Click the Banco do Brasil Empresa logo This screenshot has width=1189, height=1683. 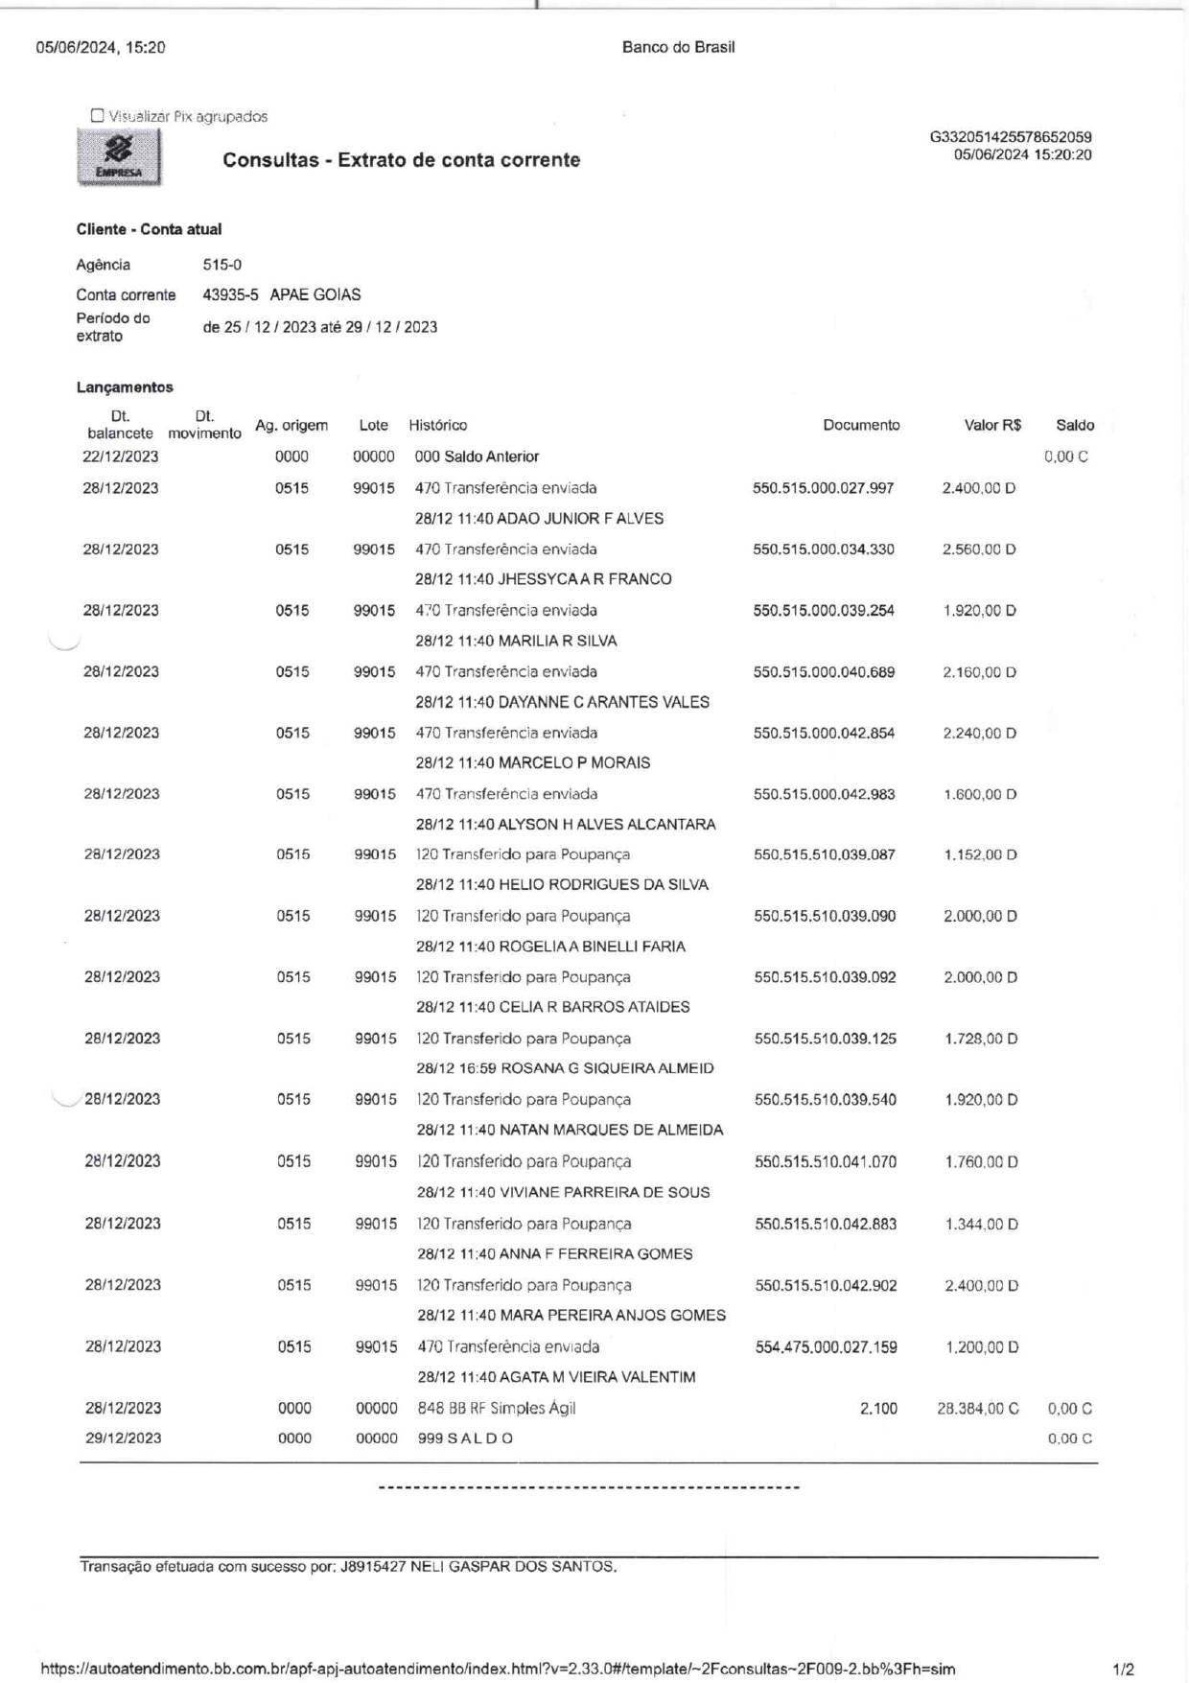119,158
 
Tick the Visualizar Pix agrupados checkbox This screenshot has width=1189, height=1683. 97,116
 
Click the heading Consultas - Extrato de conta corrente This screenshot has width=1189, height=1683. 401,160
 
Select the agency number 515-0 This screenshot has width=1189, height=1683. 221,265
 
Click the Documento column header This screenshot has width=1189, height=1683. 861,425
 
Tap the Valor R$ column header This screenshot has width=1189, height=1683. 992,425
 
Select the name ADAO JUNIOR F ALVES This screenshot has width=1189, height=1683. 580,519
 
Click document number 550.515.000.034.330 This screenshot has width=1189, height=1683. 824,549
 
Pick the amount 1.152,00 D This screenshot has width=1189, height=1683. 980,854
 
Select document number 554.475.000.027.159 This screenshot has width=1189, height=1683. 826,1347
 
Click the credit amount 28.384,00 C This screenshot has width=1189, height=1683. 977,1409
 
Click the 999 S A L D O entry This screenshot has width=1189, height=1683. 465,1438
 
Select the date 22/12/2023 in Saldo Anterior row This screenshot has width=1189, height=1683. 121,456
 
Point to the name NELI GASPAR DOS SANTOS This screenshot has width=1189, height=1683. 513,1567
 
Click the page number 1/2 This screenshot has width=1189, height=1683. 1124,1670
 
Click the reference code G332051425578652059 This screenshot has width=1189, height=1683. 1011,137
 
